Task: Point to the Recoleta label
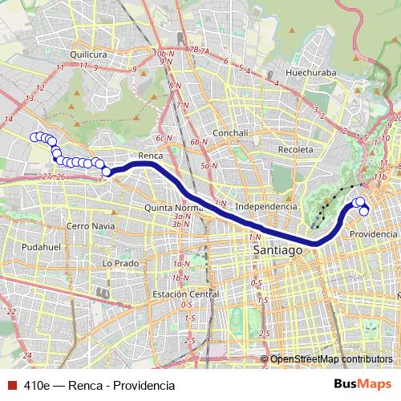point(294,149)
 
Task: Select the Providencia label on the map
point(373,234)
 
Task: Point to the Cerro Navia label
point(89,226)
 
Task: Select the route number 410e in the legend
point(37,386)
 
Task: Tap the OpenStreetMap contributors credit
point(332,359)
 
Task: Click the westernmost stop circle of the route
point(34,137)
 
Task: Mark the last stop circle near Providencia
point(364,211)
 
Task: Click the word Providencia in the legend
point(144,386)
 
